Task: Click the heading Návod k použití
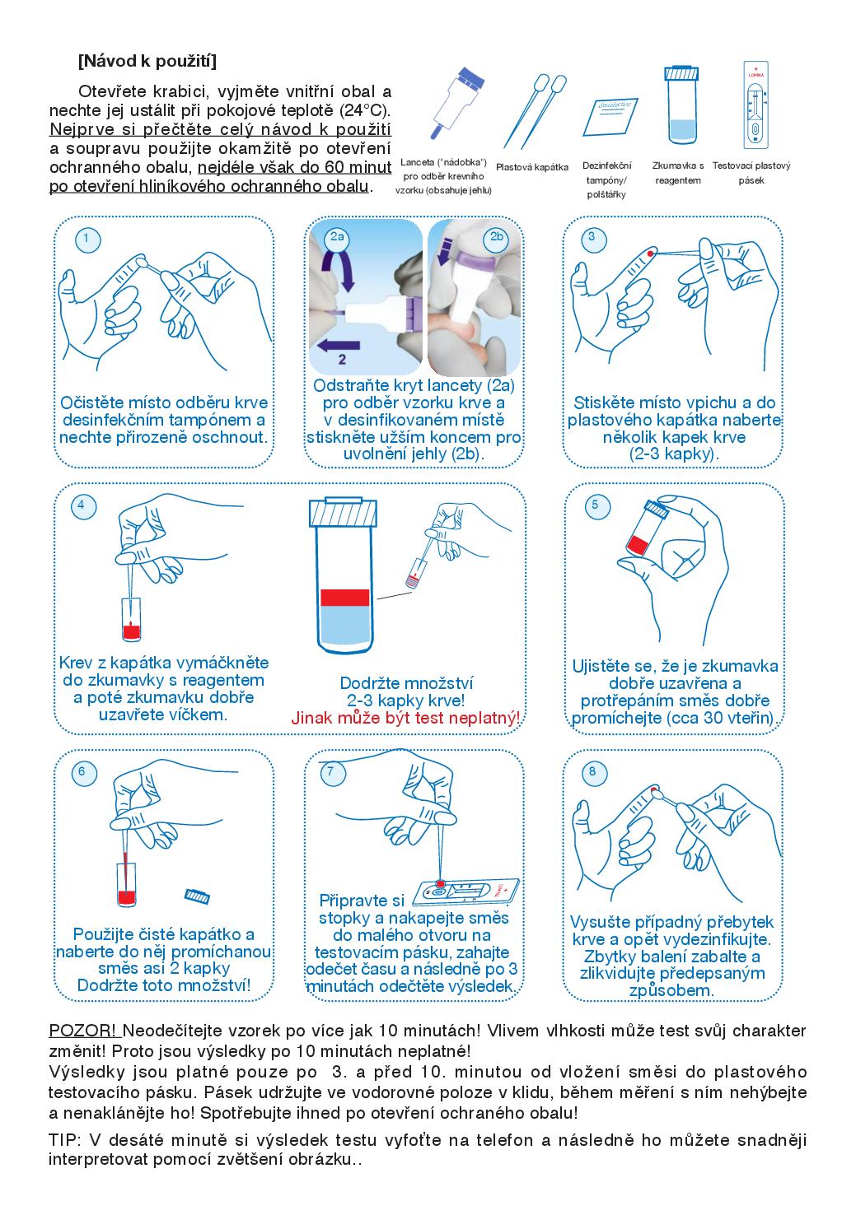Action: pos(147,61)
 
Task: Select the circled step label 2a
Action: pos(337,237)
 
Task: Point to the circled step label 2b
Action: pos(496,237)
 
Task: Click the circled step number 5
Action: pos(597,505)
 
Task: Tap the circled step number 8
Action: pos(592,772)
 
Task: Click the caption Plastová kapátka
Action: pos(532,167)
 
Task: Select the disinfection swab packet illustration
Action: pos(610,117)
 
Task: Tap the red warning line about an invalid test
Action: pos(405,718)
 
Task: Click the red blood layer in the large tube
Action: pos(344,597)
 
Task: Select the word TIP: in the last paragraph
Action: pos(65,1139)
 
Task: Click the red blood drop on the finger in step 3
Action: pos(650,254)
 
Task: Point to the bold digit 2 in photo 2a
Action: pos(342,359)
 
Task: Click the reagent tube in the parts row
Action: pos(681,105)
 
